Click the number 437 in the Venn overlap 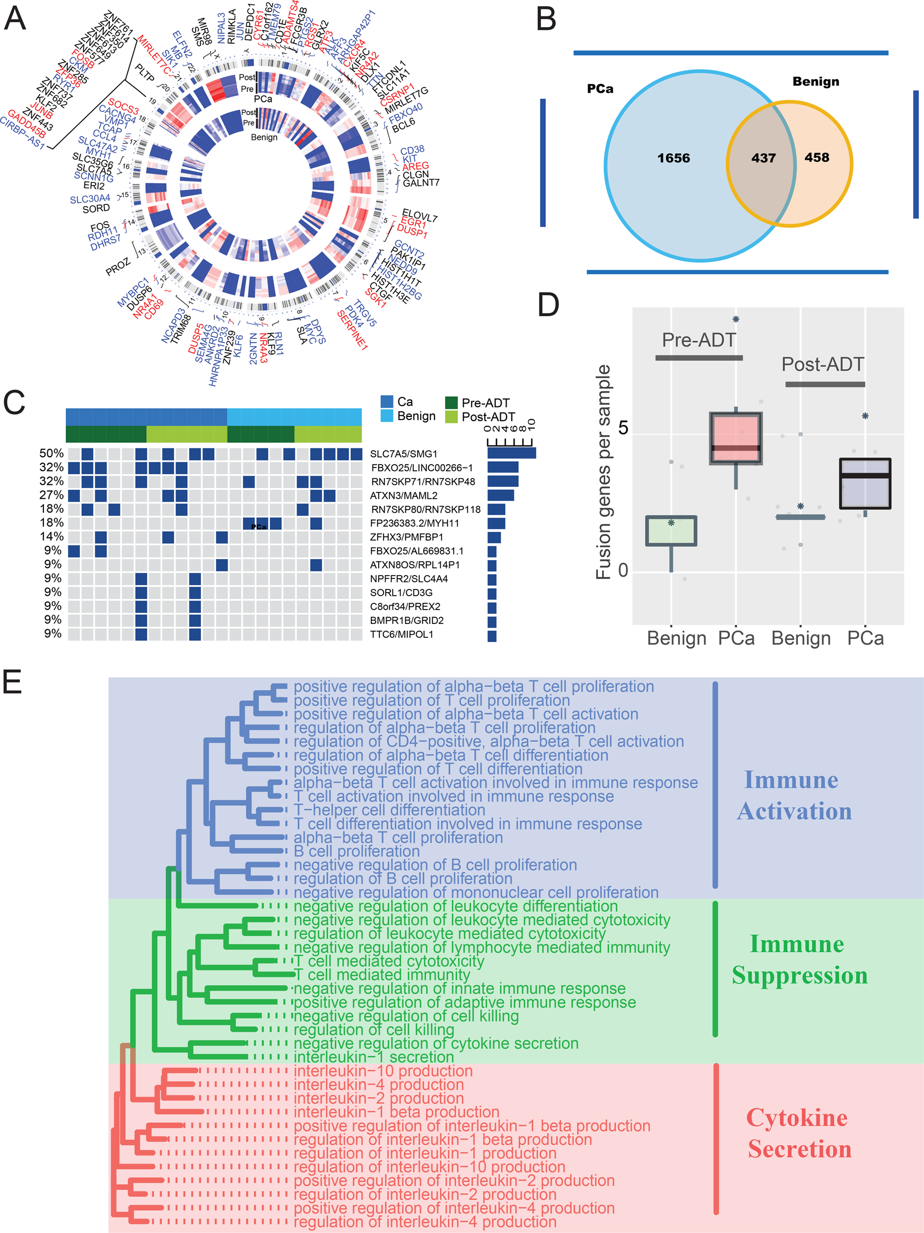[x=763, y=158]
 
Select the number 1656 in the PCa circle [x=673, y=158]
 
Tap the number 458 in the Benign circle [x=816, y=158]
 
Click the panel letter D [x=548, y=305]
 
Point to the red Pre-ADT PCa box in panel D [x=736, y=438]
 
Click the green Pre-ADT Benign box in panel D [x=671, y=531]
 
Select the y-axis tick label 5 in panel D [x=623, y=428]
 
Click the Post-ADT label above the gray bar [x=823, y=364]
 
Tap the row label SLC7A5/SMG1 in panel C [x=404, y=454]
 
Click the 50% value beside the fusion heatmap [x=51, y=453]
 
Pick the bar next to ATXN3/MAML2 [x=500, y=495]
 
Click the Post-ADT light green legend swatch [x=451, y=416]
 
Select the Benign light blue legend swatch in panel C [x=387, y=416]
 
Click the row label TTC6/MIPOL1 [x=401, y=635]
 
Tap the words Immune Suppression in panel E [x=799, y=959]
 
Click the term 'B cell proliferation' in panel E [x=356, y=851]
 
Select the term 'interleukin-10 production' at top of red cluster [x=383, y=1071]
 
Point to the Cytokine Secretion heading [x=799, y=1133]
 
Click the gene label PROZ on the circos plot [x=118, y=267]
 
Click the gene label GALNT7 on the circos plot [x=421, y=183]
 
